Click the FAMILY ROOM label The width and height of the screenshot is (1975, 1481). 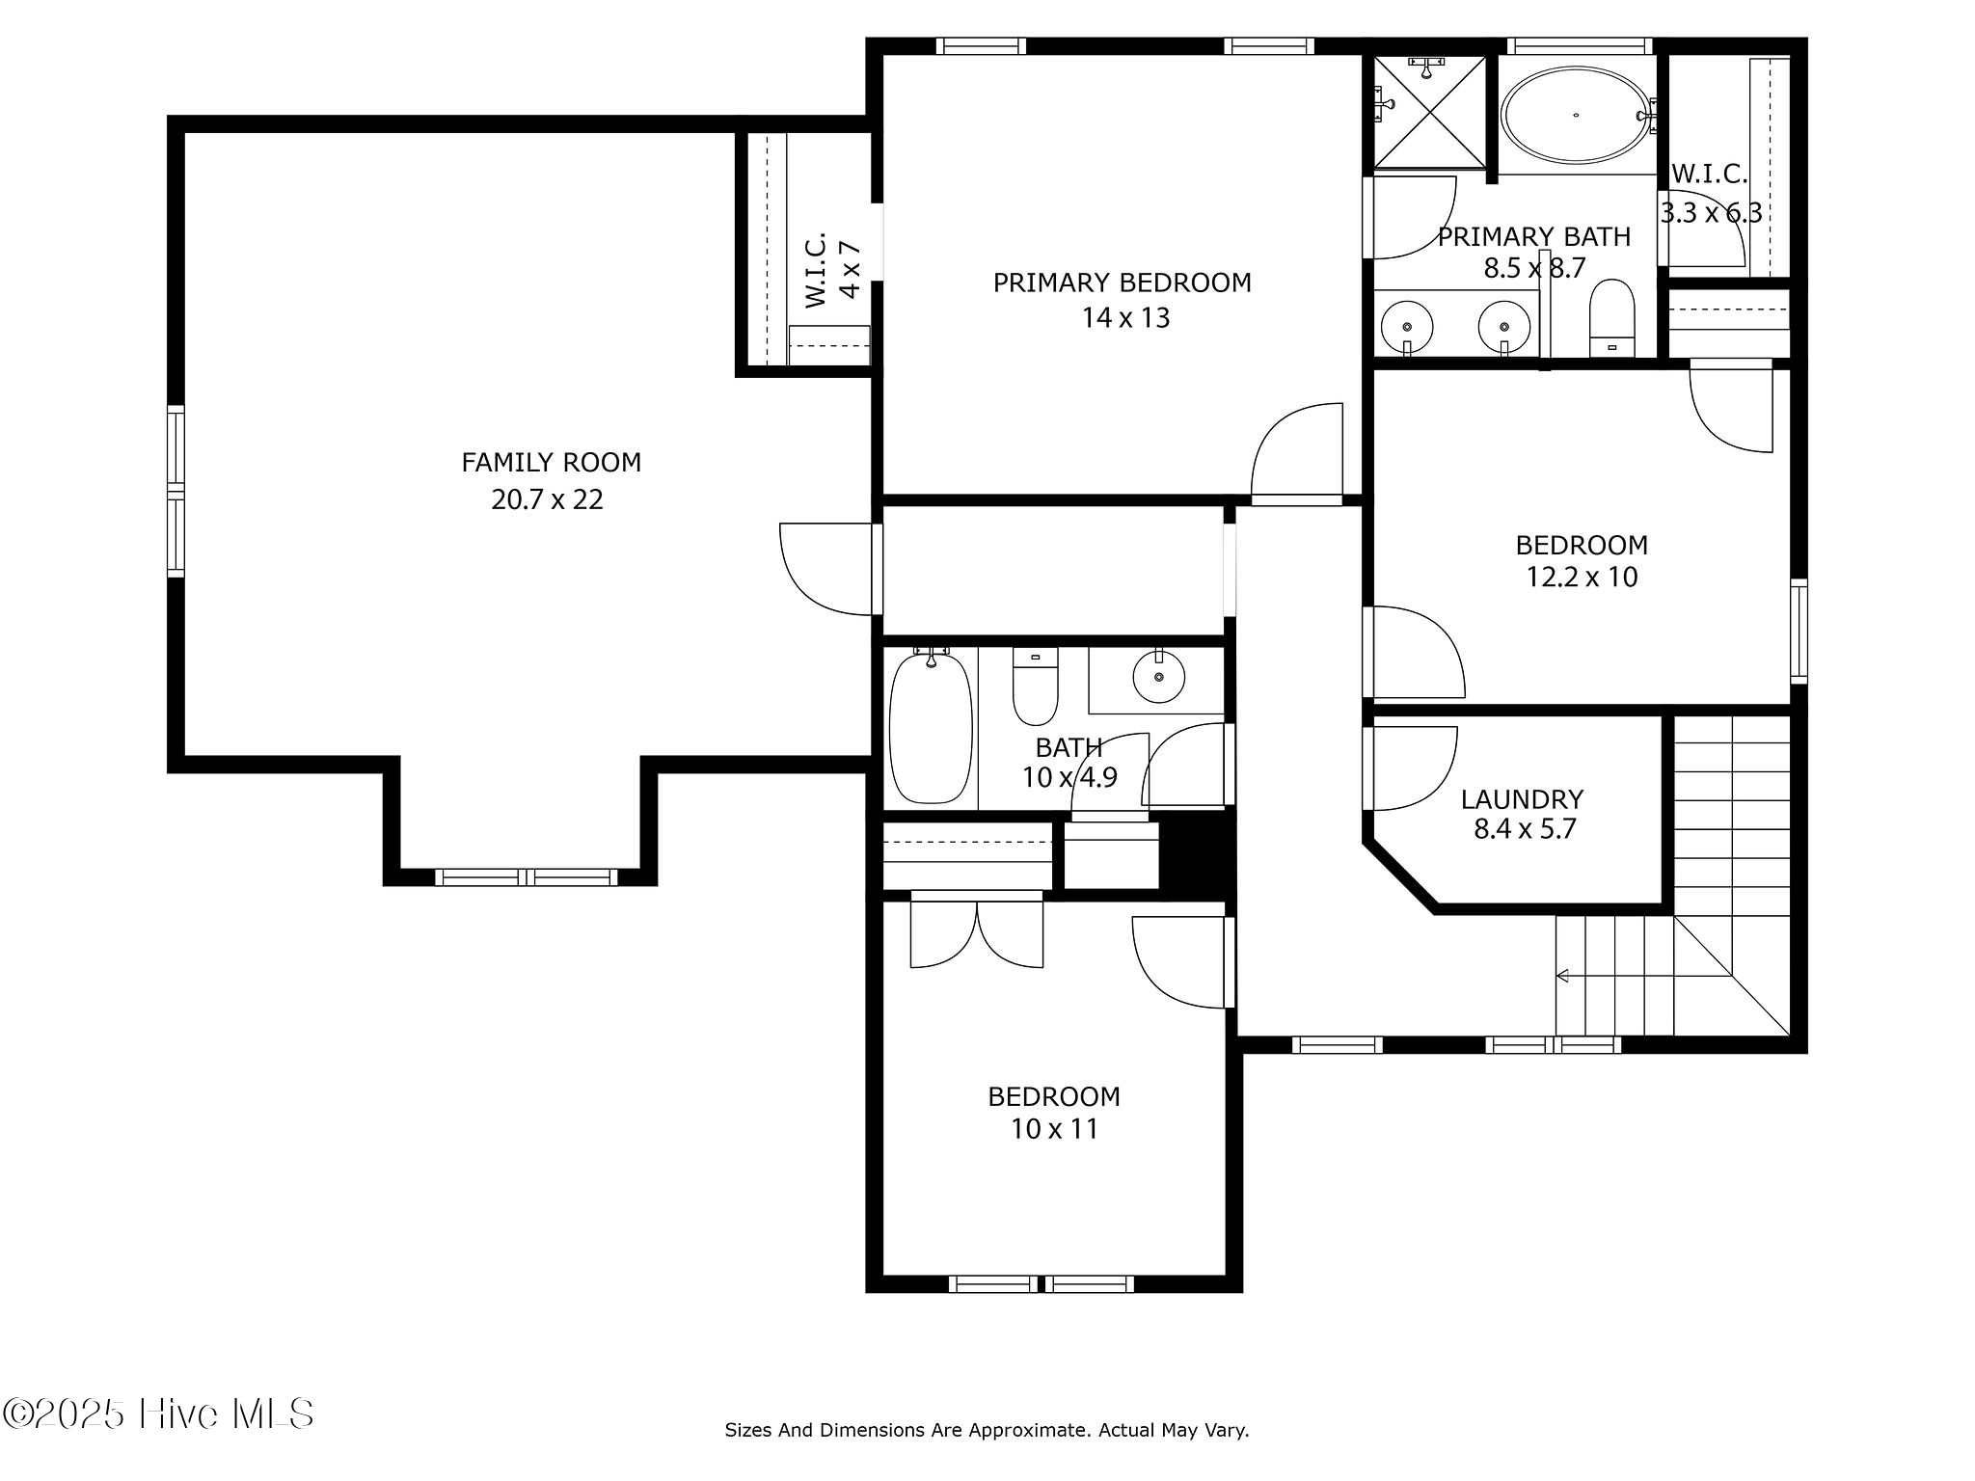tap(551, 463)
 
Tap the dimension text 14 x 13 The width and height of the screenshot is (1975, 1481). tap(1125, 318)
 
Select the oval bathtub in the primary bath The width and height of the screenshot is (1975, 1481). tap(1576, 115)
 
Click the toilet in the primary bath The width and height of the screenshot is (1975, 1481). tap(1611, 319)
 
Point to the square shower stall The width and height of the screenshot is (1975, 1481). tap(1429, 112)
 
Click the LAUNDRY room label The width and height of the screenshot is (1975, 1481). tap(1522, 799)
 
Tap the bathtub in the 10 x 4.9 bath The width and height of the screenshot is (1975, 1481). tap(930, 729)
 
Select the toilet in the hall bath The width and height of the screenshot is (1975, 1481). tap(1035, 687)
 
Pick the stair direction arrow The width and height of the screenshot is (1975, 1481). tap(1562, 976)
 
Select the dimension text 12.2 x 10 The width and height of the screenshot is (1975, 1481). tap(1582, 578)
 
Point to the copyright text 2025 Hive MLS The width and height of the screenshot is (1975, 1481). tap(158, 1414)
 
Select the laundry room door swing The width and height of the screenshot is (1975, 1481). tap(1411, 768)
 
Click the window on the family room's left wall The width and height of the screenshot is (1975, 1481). tap(176, 492)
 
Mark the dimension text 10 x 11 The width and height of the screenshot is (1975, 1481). tap(1054, 1129)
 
